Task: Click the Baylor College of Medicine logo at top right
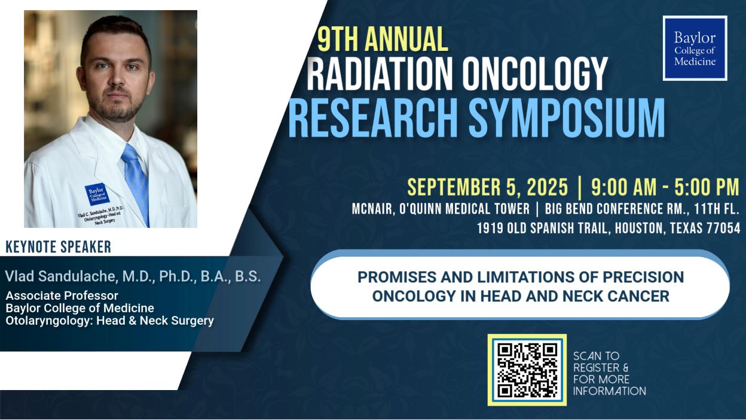click(x=695, y=48)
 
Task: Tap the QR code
click(x=527, y=370)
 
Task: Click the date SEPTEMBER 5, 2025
click(x=487, y=187)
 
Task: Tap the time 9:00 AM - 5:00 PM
click(x=665, y=187)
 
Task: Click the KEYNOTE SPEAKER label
click(x=58, y=246)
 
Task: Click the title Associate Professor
click(x=62, y=296)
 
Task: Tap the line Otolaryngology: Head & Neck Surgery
click(x=109, y=321)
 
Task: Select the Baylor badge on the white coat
click(x=97, y=194)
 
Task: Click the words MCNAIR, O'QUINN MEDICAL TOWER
click(x=441, y=209)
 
